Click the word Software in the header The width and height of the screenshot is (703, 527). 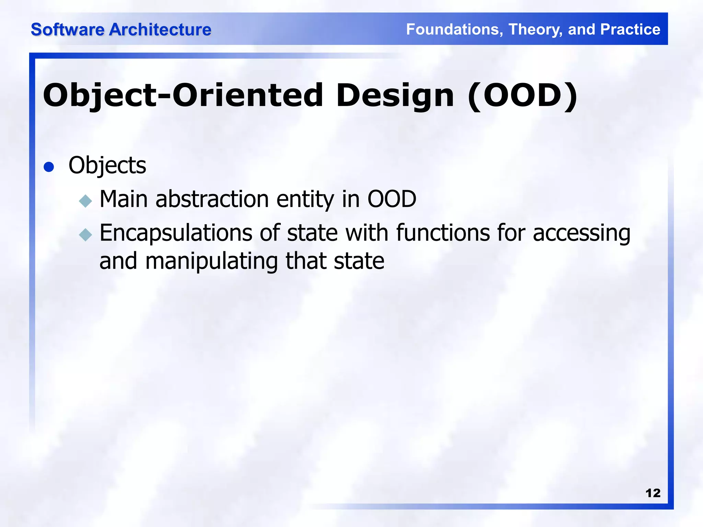(68, 30)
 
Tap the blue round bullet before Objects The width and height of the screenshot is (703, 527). (49, 167)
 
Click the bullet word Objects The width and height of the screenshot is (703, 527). (107, 165)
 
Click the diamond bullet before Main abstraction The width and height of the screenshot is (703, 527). (85, 201)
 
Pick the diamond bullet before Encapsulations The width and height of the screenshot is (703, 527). (85, 235)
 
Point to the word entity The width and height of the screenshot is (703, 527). (305, 199)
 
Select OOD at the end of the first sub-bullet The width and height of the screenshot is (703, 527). (392, 199)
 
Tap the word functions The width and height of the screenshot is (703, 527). (443, 233)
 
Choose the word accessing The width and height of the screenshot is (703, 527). (581, 233)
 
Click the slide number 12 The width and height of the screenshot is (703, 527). (653, 493)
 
